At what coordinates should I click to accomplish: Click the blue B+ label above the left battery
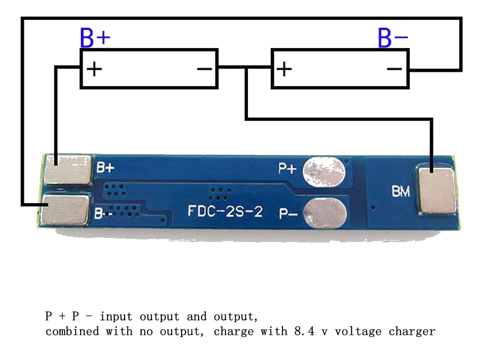point(95,38)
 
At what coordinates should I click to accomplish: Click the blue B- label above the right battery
point(392,38)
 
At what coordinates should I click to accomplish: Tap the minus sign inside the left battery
point(204,68)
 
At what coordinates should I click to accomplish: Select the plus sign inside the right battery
point(284,68)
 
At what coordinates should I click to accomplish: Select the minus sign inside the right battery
point(394,68)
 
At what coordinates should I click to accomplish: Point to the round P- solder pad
point(324,212)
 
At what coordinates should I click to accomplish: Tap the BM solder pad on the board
point(436,191)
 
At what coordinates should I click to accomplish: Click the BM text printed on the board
point(401,191)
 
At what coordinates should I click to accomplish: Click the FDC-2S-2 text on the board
point(225,211)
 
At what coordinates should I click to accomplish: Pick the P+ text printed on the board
point(287,169)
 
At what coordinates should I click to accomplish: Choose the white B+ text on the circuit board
point(105,168)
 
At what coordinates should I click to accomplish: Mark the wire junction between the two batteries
point(246,68)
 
